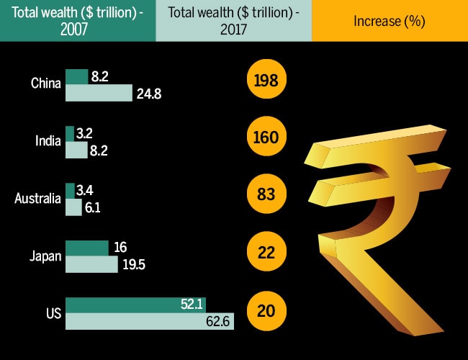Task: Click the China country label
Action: (x=45, y=84)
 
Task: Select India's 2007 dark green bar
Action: (x=70, y=133)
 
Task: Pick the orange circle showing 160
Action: (x=266, y=138)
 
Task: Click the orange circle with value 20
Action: (x=266, y=311)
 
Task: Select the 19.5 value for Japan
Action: (x=134, y=264)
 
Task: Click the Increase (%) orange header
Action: (x=390, y=21)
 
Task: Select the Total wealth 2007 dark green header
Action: (x=77, y=21)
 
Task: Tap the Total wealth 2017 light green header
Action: (x=233, y=21)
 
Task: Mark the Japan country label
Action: (x=45, y=256)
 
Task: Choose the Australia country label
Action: (x=37, y=199)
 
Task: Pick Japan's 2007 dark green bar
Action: (x=86, y=248)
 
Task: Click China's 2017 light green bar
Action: (x=99, y=92)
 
